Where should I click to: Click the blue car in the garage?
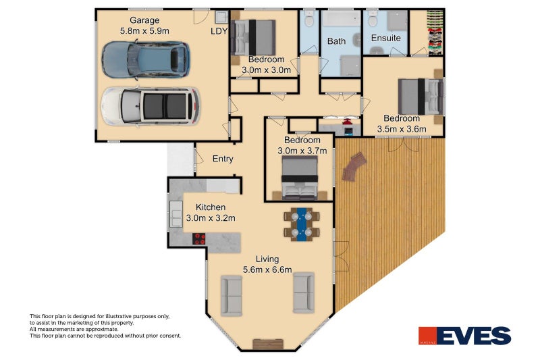click(145, 59)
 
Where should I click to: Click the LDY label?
click(219, 30)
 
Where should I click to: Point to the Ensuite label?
click(386, 38)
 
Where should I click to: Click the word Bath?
click(336, 41)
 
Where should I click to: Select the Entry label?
click(223, 159)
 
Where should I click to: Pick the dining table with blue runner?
click(302, 224)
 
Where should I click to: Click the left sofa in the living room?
click(232, 294)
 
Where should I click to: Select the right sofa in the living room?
click(303, 292)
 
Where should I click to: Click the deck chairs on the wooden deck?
click(353, 165)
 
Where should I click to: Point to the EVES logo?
click(464, 336)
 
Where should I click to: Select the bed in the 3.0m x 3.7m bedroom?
click(298, 178)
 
